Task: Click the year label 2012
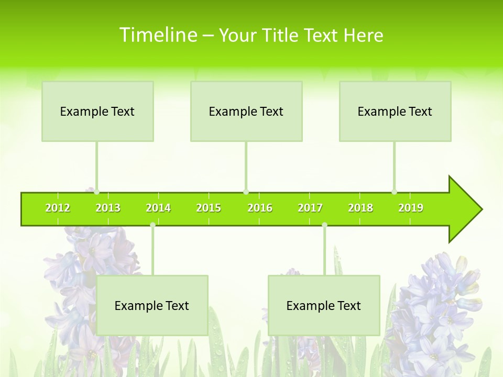click(x=58, y=208)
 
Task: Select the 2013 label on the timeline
click(x=108, y=208)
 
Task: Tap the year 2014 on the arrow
click(x=158, y=208)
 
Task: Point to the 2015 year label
click(x=209, y=208)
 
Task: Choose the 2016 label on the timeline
click(x=260, y=208)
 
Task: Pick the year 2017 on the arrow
click(x=310, y=208)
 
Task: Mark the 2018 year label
click(x=360, y=208)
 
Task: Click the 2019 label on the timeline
click(x=411, y=208)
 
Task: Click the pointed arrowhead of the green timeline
click(x=466, y=209)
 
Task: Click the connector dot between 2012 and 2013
click(x=96, y=192)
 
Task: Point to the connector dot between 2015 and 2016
click(x=246, y=192)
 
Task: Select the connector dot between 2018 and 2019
click(x=395, y=192)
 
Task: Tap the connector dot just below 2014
click(x=152, y=225)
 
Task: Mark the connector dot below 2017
click(x=324, y=225)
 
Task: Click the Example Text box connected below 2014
click(x=152, y=305)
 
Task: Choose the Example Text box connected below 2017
click(x=324, y=305)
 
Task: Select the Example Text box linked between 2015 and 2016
click(x=246, y=111)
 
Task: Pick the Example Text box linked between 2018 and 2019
click(x=395, y=111)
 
